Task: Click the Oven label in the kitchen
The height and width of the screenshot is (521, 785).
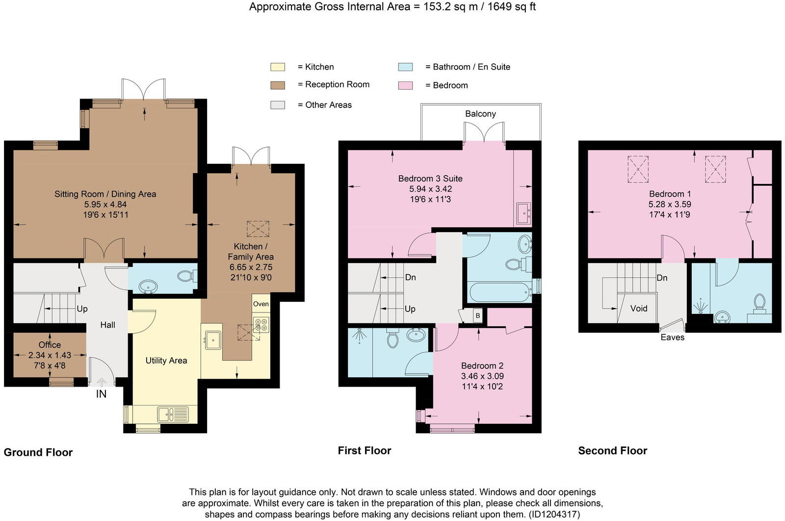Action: (x=261, y=304)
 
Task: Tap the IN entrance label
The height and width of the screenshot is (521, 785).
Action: (x=101, y=394)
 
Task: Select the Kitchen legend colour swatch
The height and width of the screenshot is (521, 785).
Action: (x=278, y=67)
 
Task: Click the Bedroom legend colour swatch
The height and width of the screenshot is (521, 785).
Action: (x=405, y=85)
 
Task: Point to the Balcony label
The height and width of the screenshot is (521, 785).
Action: (x=480, y=114)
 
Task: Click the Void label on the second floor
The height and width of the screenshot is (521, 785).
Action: (x=638, y=308)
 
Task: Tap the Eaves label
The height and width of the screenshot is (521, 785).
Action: (x=673, y=338)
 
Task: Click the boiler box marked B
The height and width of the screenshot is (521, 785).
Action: (x=478, y=315)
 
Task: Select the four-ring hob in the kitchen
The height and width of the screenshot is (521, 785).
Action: (x=261, y=324)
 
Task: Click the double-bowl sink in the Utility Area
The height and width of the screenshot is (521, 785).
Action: (x=173, y=415)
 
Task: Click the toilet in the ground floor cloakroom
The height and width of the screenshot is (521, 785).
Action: (x=187, y=276)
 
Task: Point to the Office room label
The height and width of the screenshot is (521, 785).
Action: (x=50, y=345)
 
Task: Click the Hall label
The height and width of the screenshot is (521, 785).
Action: (x=107, y=325)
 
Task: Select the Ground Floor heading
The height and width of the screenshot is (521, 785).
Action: (x=38, y=452)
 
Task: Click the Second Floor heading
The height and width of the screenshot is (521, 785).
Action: (x=613, y=450)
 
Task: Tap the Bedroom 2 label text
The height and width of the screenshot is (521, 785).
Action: (x=482, y=366)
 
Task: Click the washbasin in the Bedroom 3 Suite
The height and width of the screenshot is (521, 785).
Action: (x=523, y=213)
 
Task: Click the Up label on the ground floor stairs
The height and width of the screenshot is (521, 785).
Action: (x=82, y=309)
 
